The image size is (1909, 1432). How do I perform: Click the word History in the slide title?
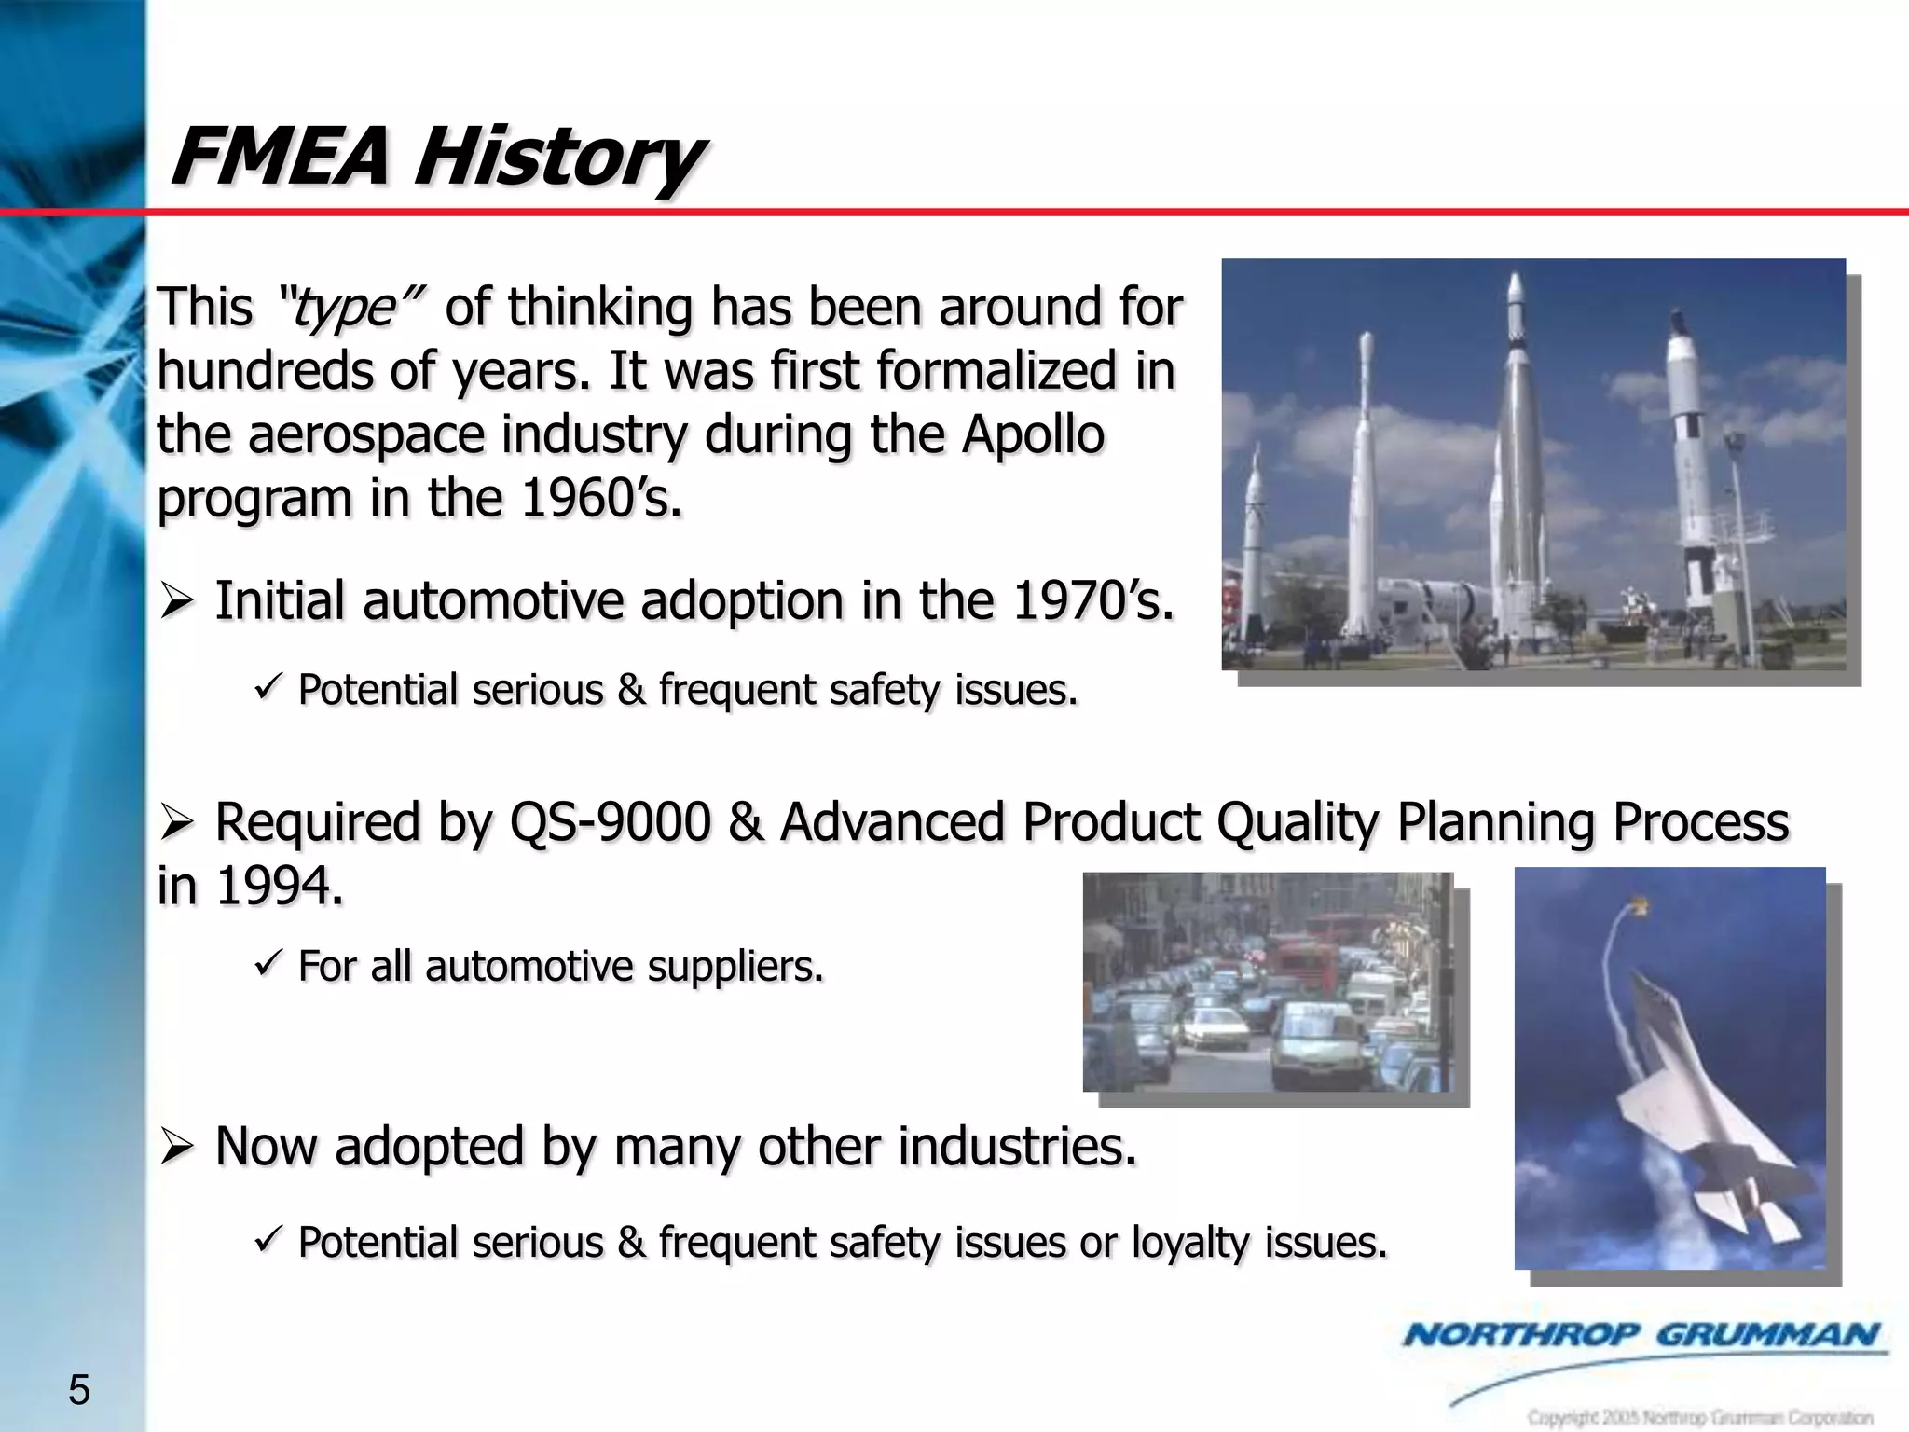point(556,157)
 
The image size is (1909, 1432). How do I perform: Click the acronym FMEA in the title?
point(280,157)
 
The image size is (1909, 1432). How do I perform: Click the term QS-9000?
point(610,822)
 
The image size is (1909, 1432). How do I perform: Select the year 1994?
point(276,886)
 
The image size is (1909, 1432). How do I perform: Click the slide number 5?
point(79,1390)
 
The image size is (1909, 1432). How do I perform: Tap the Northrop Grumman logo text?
point(1641,1335)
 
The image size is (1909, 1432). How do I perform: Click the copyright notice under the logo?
point(1700,1417)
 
